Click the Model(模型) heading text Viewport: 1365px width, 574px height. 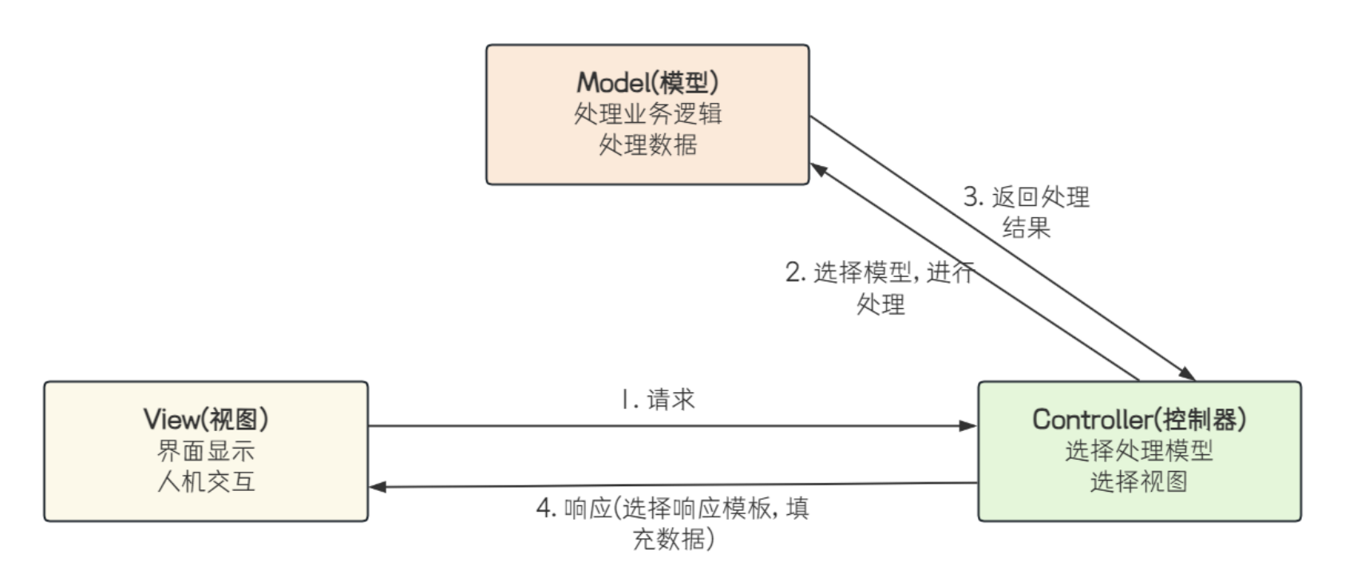(647, 82)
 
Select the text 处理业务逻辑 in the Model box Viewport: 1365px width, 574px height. (647, 113)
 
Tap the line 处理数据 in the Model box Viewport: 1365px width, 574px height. (647, 144)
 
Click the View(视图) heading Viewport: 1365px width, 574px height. (206, 419)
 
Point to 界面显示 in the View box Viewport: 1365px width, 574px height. (206, 451)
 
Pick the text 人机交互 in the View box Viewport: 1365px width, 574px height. (206, 481)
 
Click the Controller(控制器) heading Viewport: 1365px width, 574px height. (1139, 419)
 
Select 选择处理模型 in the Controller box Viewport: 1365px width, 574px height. (1139, 451)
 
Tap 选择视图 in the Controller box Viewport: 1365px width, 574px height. (1139, 481)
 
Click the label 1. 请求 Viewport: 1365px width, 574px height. (658, 399)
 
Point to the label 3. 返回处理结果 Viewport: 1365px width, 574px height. (1027, 212)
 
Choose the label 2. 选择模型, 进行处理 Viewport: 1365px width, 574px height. (880, 287)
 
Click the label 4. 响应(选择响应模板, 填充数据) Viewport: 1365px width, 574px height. (672, 523)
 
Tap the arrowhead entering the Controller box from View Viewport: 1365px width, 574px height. (968, 426)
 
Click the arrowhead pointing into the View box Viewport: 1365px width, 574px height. (378, 487)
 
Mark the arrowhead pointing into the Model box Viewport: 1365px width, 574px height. (818, 169)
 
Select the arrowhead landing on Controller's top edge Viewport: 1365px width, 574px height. (1187, 374)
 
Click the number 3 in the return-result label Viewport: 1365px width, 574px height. (971, 196)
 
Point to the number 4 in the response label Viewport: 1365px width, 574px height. (544, 508)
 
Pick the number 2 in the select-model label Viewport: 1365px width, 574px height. (793, 272)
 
